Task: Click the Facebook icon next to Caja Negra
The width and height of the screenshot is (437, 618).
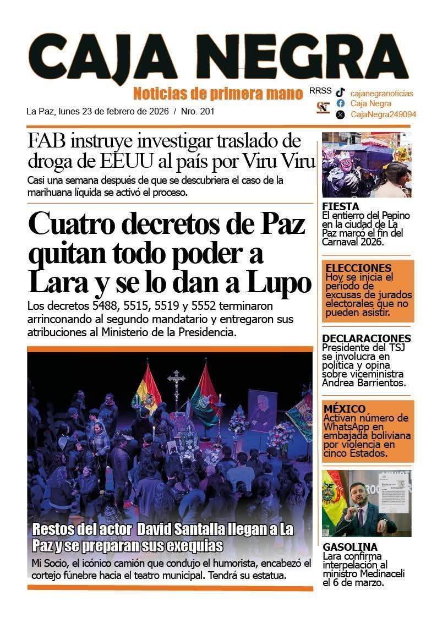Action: pyautogui.click(x=341, y=103)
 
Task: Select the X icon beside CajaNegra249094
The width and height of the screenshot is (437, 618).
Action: pyautogui.click(x=341, y=114)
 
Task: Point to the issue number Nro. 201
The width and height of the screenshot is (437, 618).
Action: pyautogui.click(x=198, y=111)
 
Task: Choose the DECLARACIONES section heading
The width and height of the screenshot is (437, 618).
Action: pyautogui.click(x=366, y=338)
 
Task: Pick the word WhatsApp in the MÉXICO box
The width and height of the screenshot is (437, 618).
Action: pyautogui.click(x=347, y=427)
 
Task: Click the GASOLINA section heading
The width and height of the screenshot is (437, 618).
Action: pyautogui.click(x=350, y=547)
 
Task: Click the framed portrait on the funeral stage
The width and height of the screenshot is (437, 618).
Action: pyautogui.click(x=262, y=411)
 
